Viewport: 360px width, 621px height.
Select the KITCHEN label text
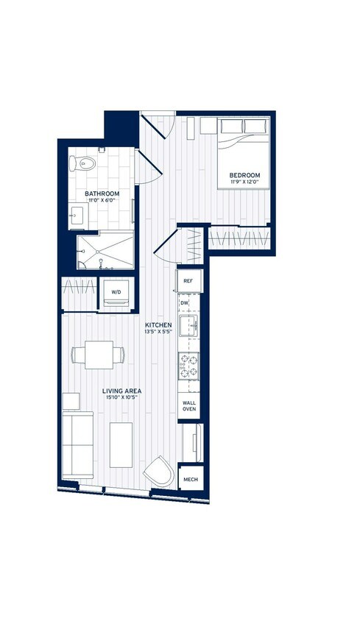(x=158, y=324)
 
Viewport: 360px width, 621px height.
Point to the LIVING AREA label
(x=122, y=391)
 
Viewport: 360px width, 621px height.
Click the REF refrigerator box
(x=188, y=281)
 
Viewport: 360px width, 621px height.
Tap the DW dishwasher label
(x=185, y=302)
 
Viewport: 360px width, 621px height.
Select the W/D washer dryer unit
(x=116, y=293)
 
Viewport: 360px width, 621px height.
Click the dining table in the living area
(x=98, y=355)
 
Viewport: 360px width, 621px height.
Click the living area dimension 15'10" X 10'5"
(x=122, y=398)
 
